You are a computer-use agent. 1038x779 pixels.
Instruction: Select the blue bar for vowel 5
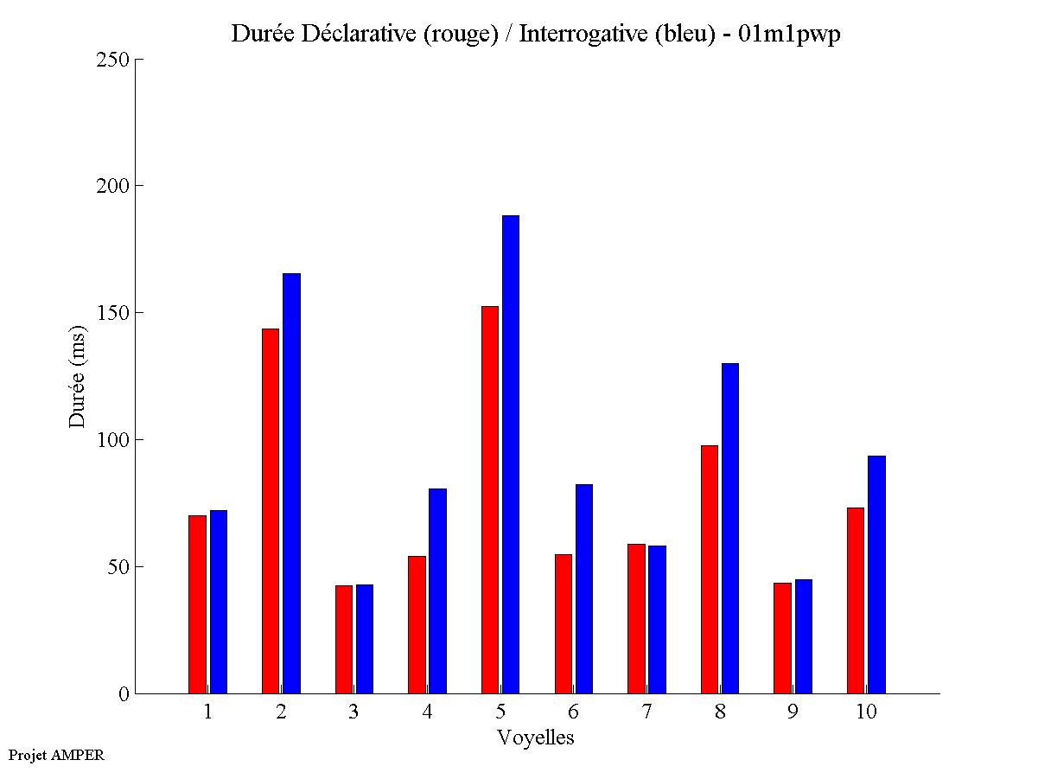[x=511, y=454]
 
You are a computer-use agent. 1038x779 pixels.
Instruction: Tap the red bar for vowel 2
[x=270, y=511]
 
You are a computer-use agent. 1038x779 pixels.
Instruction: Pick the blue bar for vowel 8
[x=730, y=528]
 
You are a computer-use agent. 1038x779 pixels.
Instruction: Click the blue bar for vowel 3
[x=365, y=639]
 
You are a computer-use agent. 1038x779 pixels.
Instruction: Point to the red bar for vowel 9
[x=783, y=638]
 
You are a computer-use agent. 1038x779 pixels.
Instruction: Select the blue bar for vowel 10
[x=876, y=574]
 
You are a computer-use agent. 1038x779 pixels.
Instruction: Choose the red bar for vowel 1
[x=197, y=604]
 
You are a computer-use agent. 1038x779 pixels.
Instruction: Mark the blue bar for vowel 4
[x=437, y=591]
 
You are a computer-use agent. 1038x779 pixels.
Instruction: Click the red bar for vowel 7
[x=636, y=618]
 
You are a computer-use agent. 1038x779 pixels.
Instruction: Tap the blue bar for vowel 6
[x=584, y=589]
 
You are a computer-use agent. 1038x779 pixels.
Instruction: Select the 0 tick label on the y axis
[x=124, y=693]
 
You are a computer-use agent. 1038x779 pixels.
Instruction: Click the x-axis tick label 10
[x=867, y=712]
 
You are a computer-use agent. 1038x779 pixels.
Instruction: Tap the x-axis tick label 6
[x=574, y=712]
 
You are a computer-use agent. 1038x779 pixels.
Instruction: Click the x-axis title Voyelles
[x=536, y=737]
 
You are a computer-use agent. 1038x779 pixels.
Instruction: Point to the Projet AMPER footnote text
[x=56, y=755]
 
